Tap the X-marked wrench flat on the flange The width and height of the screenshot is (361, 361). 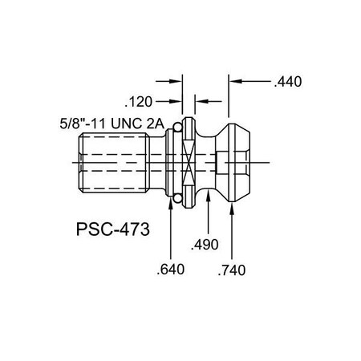tap(189, 161)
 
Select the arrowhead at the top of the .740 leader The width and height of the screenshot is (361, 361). tap(233, 207)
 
